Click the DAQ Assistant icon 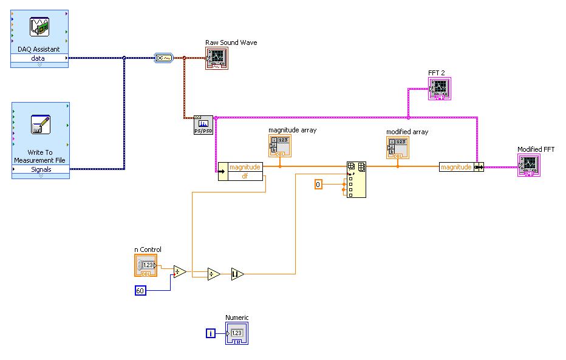click(x=39, y=28)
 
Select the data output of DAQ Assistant click(x=39, y=58)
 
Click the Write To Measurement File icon click(x=39, y=124)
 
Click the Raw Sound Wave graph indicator click(x=216, y=58)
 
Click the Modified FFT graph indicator click(x=528, y=165)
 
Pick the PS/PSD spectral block click(x=203, y=125)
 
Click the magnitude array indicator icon click(x=279, y=146)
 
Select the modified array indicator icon click(x=397, y=148)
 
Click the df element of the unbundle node click(x=245, y=176)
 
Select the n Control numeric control click(x=145, y=265)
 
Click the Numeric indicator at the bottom click(x=237, y=333)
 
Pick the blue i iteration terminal click(x=210, y=333)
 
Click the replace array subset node click(x=356, y=180)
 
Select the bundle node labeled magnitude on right click(x=461, y=166)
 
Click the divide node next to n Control click(x=180, y=271)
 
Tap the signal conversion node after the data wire click(x=164, y=58)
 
